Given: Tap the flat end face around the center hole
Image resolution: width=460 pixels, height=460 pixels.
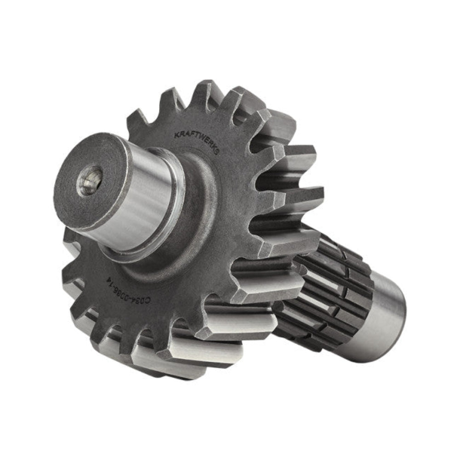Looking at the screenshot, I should click(74, 198).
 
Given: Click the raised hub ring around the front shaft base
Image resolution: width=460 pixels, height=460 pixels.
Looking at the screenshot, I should click(193, 230).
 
